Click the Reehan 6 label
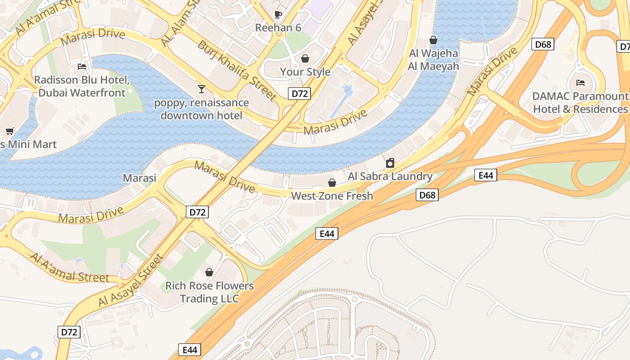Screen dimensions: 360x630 (x=278, y=28)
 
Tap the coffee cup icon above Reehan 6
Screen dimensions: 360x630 (x=278, y=14)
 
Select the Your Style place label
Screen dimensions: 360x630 (x=305, y=72)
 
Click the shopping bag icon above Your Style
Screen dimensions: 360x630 (x=305, y=58)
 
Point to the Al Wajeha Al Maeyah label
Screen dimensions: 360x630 (x=433, y=60)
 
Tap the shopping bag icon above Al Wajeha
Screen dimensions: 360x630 (x=433, y=40)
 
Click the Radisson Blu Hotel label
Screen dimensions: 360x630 (x=82, y=86)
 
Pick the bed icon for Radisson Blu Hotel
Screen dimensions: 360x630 (x=82, y=67)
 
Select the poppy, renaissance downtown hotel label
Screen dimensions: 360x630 (x=201, y=109)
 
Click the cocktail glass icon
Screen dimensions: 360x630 (x=201, y=89)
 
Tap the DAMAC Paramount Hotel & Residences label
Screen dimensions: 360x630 (x=580, y=103)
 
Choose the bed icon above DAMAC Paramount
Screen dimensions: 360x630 (x=580, y=83)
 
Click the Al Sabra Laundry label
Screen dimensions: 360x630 (x=390, y=176)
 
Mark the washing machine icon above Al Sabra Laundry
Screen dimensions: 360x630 (x=390, y=163)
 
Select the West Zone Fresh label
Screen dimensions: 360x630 (x=332, y=196)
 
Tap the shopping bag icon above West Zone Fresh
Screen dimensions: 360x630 (x=332, y=182)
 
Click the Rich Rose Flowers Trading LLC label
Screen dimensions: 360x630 (x=209, y=292)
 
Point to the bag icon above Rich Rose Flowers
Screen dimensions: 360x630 (x=209, y=272)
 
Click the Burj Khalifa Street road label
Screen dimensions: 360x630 (x=237, y=71)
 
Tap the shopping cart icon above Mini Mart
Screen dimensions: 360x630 (x=9, y=131)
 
